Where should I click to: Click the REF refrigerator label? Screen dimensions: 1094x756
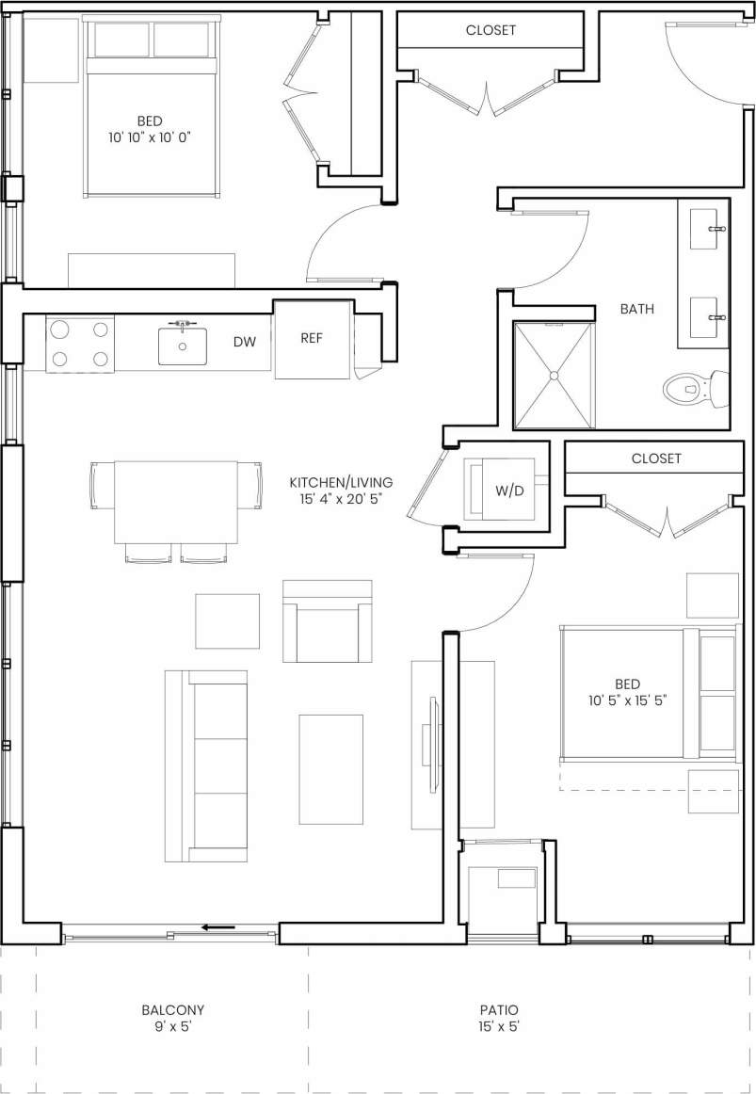pos(312,339)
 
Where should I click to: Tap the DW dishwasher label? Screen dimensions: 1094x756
pos(245,342)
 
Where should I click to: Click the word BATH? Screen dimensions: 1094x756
pos(637,309)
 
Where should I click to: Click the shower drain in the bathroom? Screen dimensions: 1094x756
pos(554,376)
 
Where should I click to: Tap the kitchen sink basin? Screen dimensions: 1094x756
pos(182,346)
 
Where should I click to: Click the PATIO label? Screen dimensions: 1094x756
pos(498,1009)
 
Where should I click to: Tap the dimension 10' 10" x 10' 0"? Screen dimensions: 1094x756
pos(149,137)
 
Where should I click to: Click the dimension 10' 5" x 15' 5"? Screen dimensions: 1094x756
pos(627,700)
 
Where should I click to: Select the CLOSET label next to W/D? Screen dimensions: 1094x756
pos(656,459)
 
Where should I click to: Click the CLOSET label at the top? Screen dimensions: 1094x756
pos(491,30)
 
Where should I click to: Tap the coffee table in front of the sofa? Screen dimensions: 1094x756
pos(330,769)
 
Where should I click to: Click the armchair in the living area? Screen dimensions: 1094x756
pos(327,621)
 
